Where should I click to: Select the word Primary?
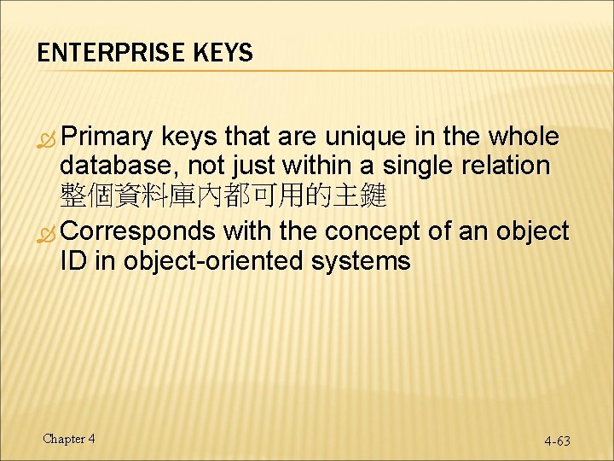(x=107, y=137)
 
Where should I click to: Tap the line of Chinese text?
(x=223, y=198)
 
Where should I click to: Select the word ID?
(x=73, y=261)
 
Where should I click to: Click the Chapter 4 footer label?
(x=69, y=439)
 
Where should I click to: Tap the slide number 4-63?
(x=557, y=441)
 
